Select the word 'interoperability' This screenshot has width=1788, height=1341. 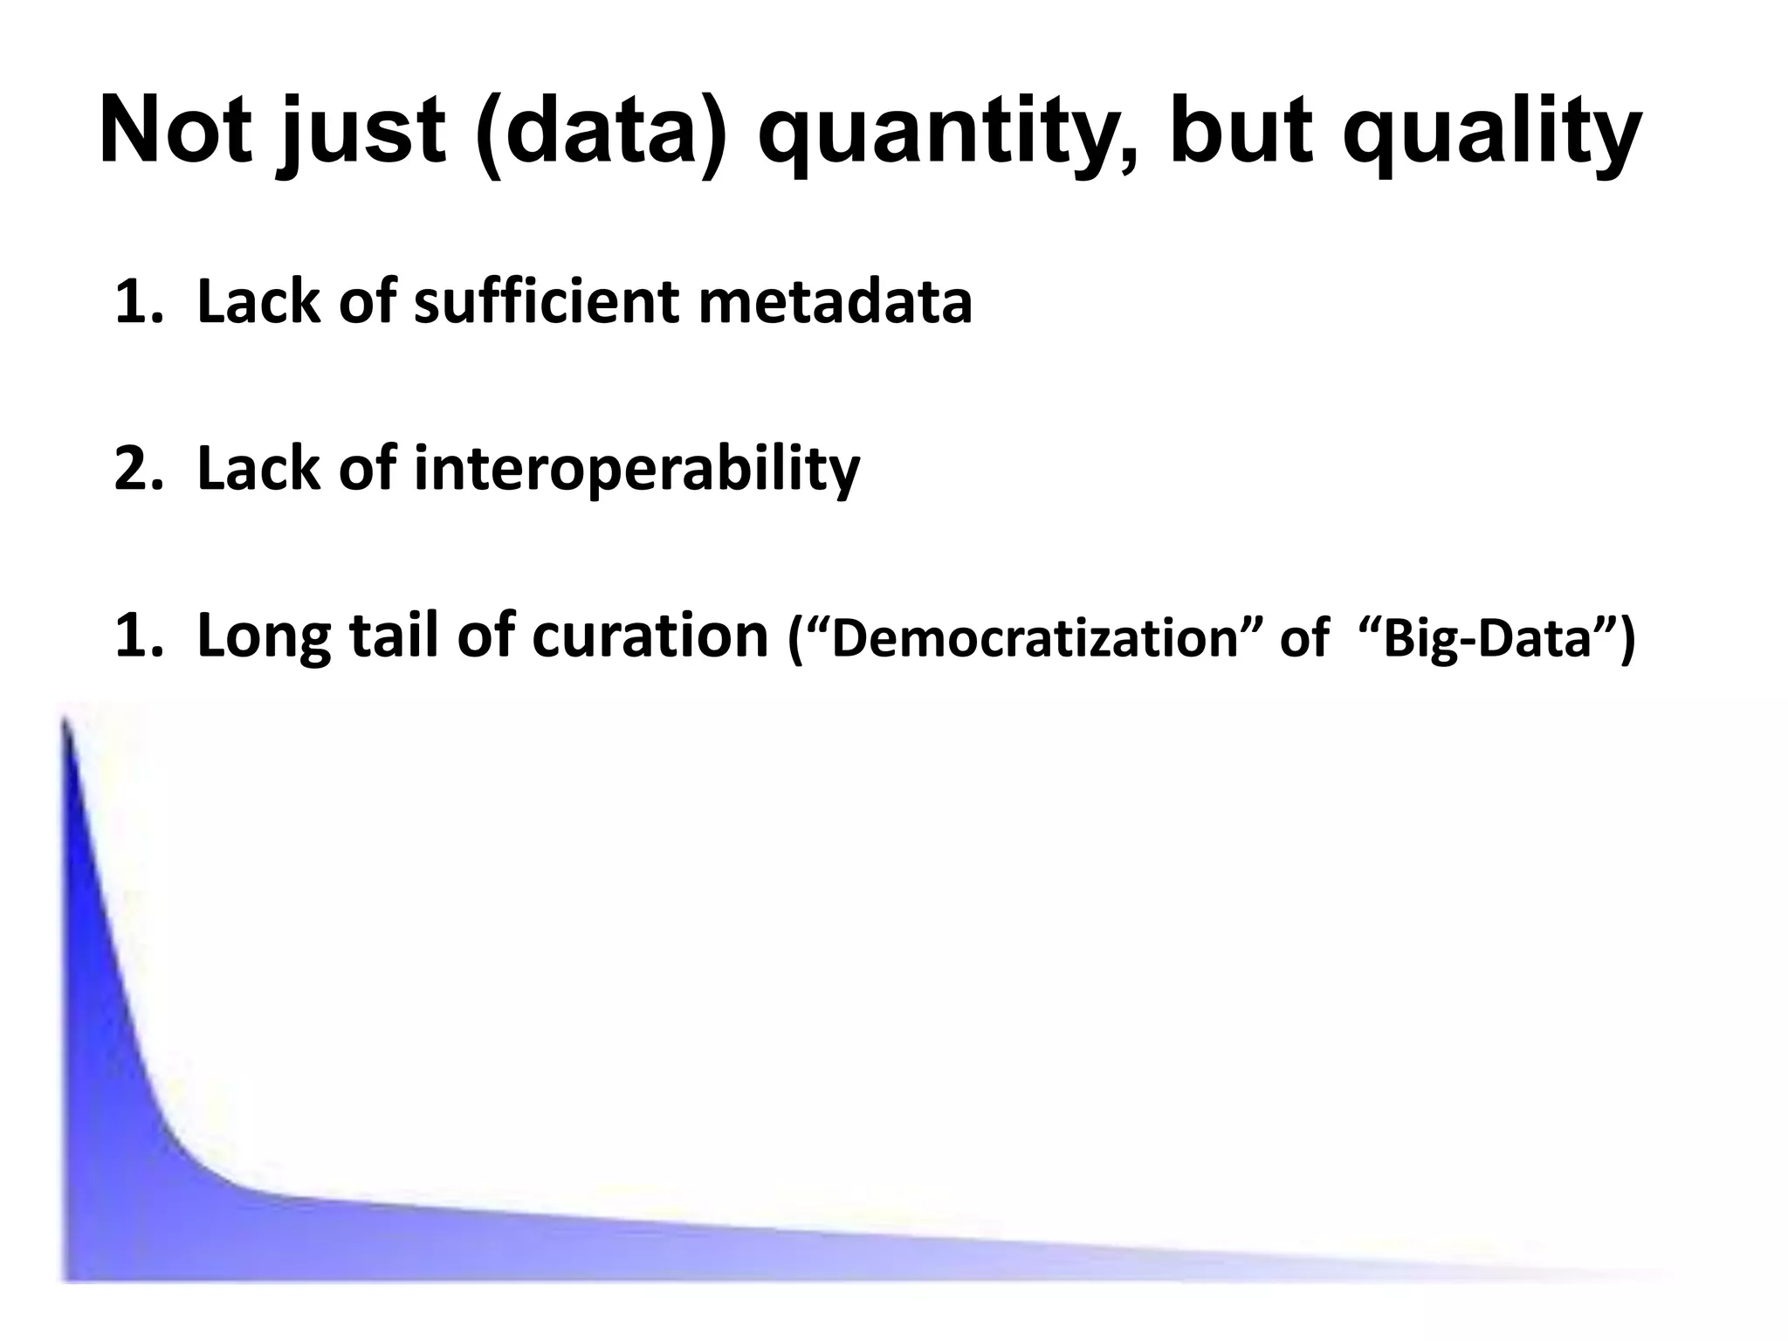pos(636,470)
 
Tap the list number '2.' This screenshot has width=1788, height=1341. pos(139,470)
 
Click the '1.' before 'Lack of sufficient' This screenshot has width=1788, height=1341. pos(139,302)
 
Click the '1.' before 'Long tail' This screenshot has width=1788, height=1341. pos(139,636)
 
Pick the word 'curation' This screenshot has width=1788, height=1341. pos(650,636)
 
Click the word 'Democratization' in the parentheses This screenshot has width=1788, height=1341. pos(1035,639)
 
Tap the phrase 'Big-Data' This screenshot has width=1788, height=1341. pos(1499,639)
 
